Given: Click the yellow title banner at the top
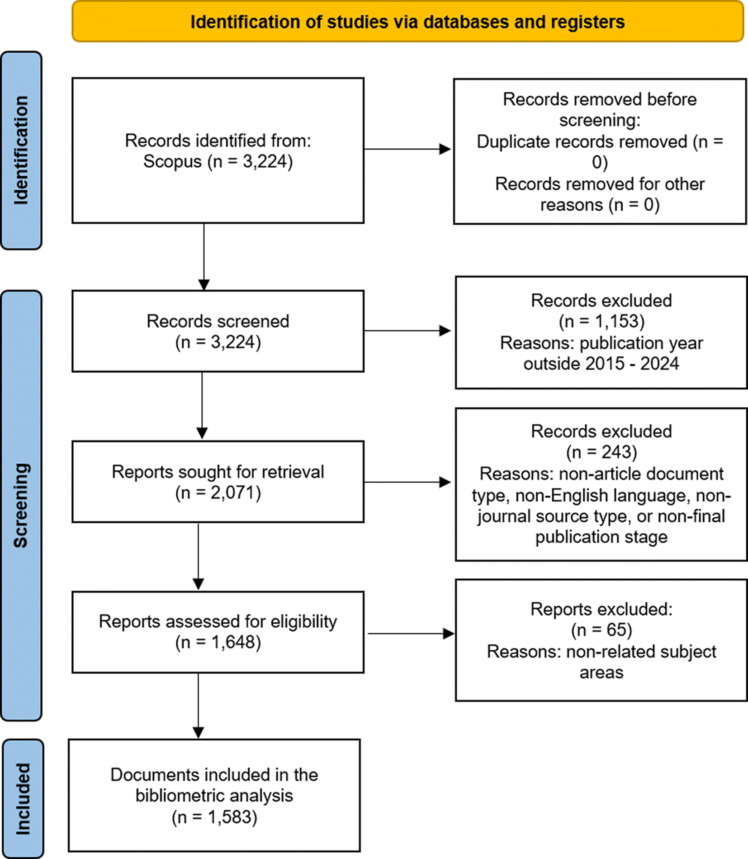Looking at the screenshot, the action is coord(407,22).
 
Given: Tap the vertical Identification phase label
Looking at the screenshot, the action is coord(21,150).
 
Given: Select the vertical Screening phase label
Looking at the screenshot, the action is coord(21,506).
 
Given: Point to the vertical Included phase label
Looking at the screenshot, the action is coord(23,799).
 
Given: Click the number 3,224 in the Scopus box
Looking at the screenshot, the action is coord(264,161).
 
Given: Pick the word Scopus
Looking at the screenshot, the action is coord(172,162).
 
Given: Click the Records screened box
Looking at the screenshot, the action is coord(218,331).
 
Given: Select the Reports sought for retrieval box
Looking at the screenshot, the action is coord(218,482).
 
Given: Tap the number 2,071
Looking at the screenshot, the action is coord(232,493).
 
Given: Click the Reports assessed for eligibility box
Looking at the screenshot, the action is coord(218,632).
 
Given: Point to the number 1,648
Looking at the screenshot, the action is coord(233,642).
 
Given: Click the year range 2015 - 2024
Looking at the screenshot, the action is coord(632,363).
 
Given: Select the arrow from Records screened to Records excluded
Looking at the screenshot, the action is coord(407,331).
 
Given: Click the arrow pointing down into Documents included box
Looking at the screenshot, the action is coord(198,706).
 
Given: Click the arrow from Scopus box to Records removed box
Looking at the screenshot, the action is coord(407,149).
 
